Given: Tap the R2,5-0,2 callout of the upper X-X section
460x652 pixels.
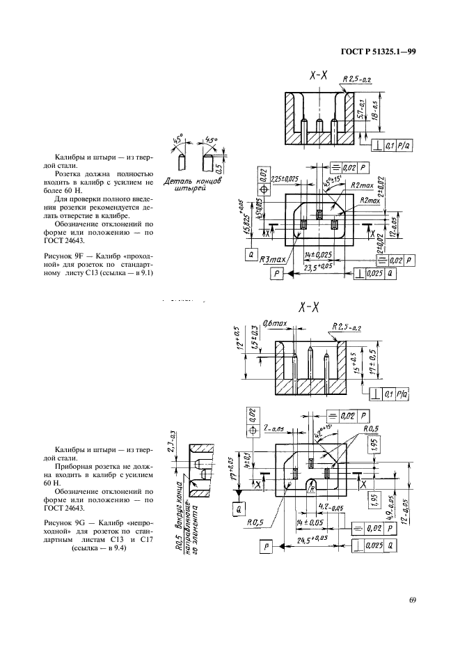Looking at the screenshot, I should [360, 79].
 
